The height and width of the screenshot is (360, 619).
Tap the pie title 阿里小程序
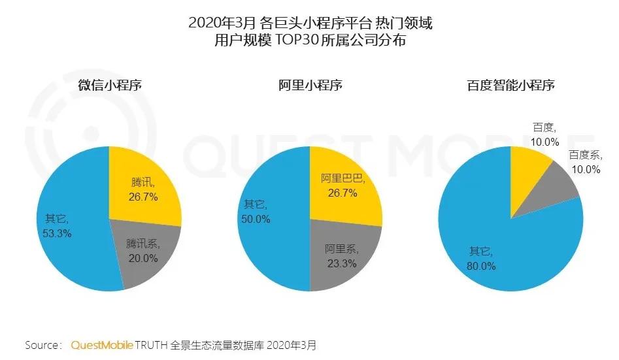pos(310,85)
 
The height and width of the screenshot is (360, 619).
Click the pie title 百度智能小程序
pos(510,85)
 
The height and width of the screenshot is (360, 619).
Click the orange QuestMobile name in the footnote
pos(101,344)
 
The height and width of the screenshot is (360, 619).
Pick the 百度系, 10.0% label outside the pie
pos(584,161)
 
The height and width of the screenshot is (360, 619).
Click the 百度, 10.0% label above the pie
pos(543,135)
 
